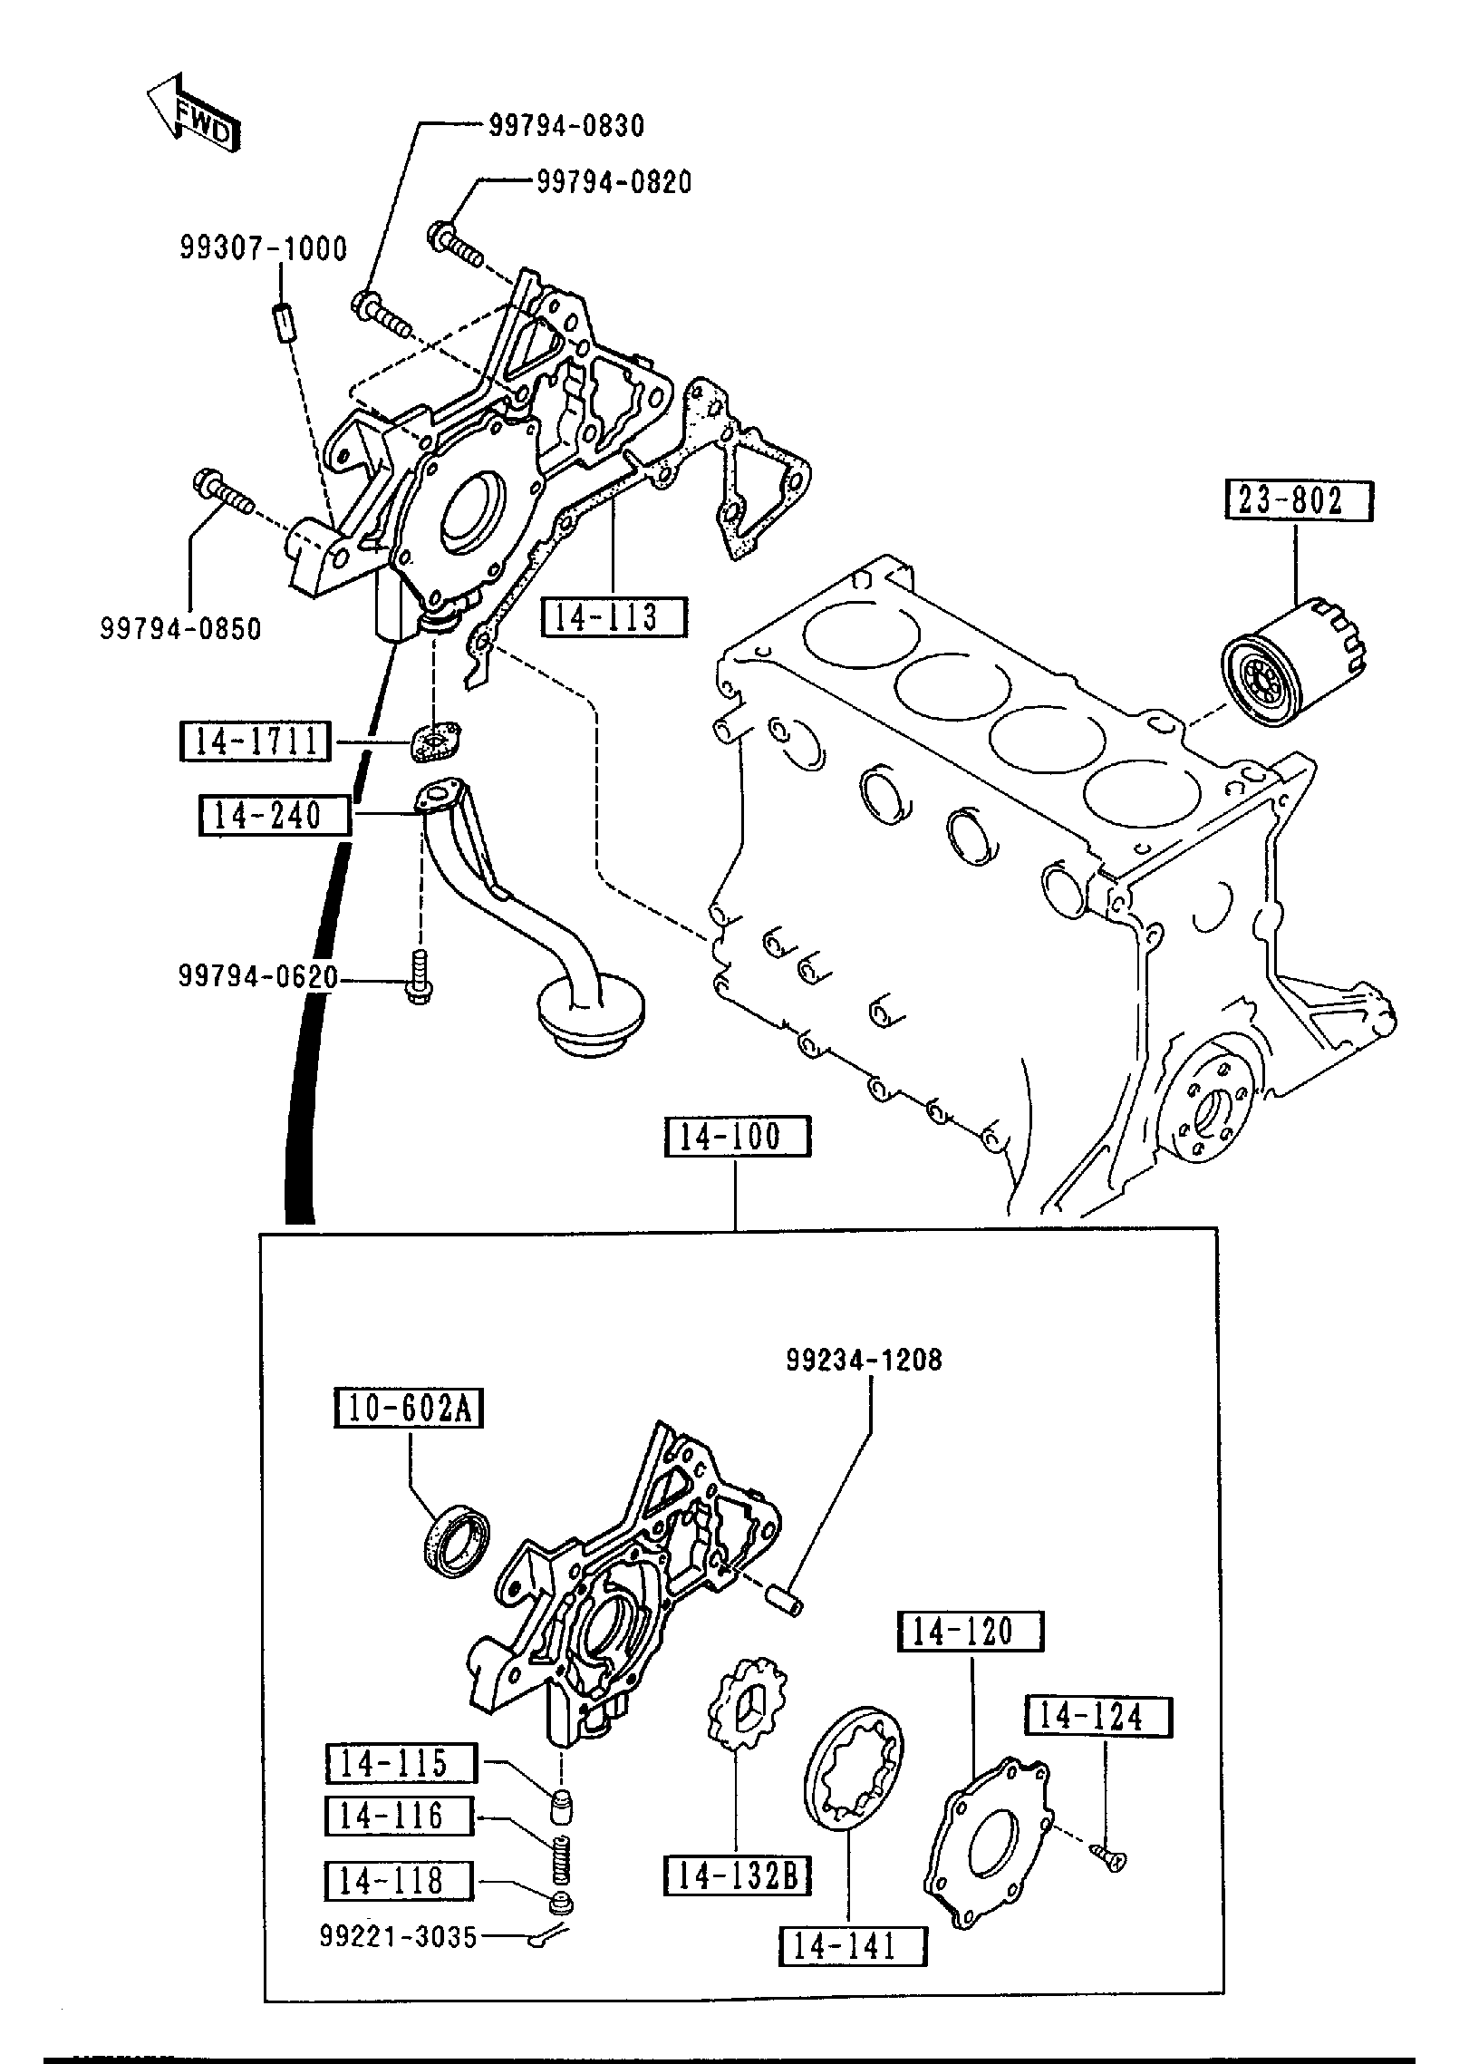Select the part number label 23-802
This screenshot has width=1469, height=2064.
1298,500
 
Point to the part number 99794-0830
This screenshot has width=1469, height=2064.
566,126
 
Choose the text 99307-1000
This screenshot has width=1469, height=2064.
263,248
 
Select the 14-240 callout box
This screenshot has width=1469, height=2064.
274,814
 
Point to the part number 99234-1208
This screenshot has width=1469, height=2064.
864,1385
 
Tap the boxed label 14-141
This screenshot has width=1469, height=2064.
852,1946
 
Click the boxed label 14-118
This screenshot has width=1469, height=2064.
399,1881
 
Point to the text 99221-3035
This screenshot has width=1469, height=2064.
397,1937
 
